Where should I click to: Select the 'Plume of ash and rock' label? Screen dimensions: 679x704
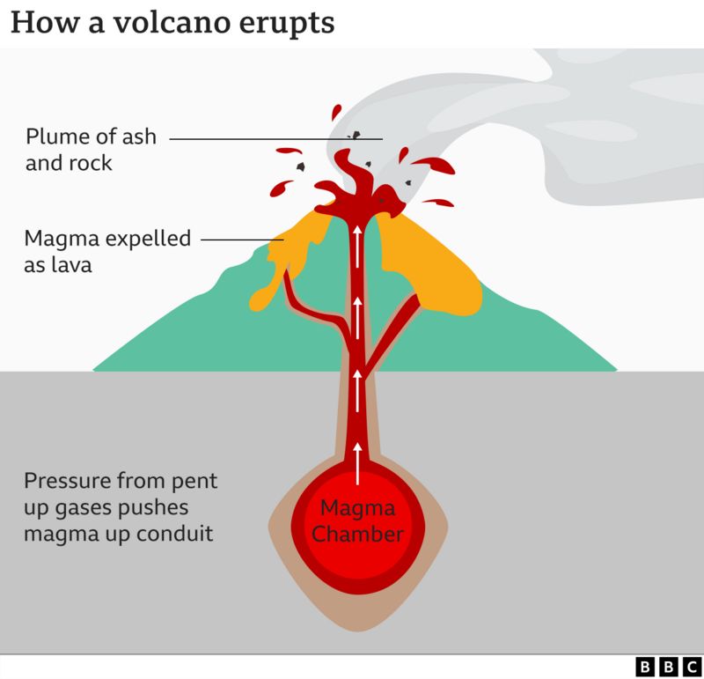pos(91,150)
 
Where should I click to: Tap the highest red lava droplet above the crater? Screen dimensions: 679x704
pos(335,113)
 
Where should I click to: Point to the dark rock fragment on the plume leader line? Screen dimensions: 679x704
pos(357,136)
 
